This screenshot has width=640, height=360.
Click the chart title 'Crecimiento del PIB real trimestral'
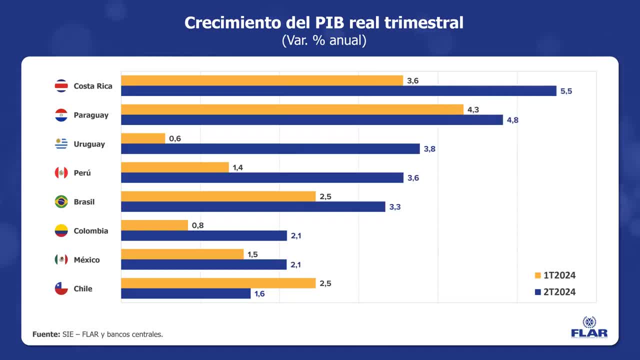[x=324, y=22]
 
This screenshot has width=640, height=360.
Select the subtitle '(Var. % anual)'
[x=324, y=40]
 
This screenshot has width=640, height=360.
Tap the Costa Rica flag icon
[x=61, y=86]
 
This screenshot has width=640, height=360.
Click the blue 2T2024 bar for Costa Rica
[x=338, y=91]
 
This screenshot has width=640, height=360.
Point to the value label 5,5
[x=566, y=91]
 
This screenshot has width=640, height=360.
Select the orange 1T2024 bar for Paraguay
[x=292, y=109]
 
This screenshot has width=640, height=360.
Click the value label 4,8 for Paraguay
[x=512, y=120]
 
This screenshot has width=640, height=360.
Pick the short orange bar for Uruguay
[x=143, y=138]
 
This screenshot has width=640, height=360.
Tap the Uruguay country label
[x=89, y=144]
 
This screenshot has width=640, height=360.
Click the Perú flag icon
[x=61, y=173]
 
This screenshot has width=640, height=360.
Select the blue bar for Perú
[x=262, y=178]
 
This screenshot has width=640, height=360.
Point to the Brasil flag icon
[x=61, y=202]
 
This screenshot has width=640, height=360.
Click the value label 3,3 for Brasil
[x=395, y=207]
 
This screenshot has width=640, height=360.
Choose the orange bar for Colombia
[x=154, y=225]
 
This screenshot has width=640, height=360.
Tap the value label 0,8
[x=198, y=225]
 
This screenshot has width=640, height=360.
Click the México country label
[x=86, y=260]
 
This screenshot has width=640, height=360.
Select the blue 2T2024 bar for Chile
[x=185, y=294]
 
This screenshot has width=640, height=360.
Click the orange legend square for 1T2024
[x=538, y=275]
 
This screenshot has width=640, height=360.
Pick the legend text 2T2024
[x=559, y=292]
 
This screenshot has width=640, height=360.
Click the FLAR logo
[x=589, y=327]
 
